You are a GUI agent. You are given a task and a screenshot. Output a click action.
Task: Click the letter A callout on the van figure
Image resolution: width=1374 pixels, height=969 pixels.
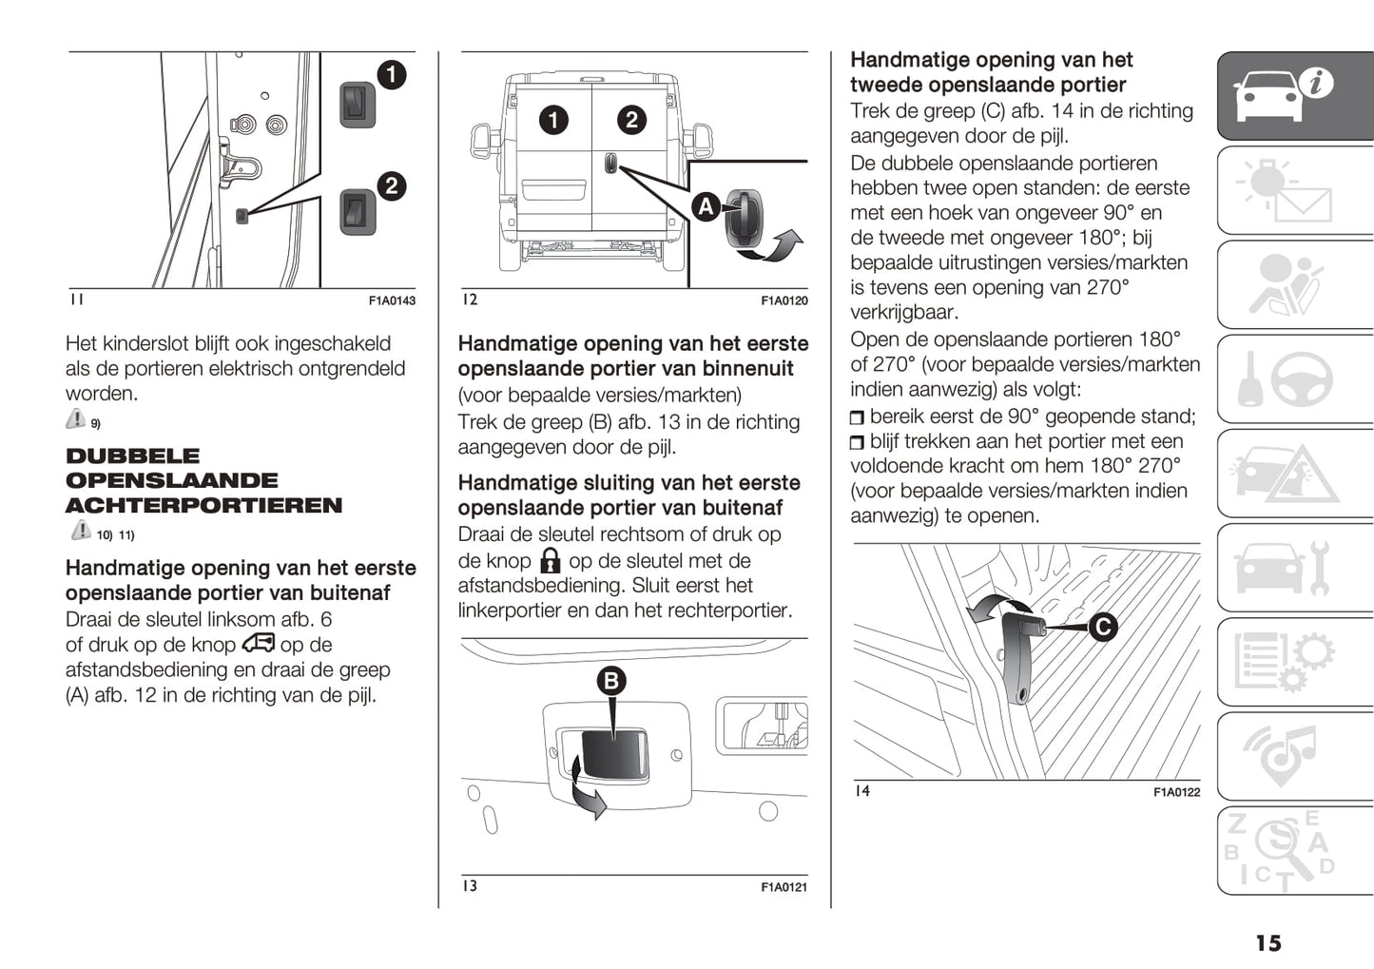click(706, 206)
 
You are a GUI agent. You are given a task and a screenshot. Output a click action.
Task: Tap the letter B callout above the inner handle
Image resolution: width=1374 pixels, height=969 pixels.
click(611, 681)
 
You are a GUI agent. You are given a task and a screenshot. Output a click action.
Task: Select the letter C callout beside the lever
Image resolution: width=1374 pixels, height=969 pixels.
click(1102, 627)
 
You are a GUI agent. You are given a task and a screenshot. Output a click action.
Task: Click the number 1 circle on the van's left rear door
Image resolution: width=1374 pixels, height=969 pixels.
click(553, 120)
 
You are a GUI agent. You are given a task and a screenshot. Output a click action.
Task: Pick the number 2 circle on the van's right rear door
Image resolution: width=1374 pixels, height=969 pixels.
click(631, 120)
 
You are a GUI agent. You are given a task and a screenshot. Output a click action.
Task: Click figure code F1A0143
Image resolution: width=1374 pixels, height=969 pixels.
click(392, 300)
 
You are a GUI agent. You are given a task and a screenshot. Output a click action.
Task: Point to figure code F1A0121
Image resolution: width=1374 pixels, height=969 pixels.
click(784, 887)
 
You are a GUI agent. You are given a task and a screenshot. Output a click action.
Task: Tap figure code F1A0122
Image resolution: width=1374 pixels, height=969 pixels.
click(1176, 792)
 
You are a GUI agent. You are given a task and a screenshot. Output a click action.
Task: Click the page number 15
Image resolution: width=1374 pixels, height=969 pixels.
click(1268, 942)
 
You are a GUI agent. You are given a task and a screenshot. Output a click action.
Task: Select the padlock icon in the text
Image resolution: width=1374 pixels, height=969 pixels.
click(550, 560)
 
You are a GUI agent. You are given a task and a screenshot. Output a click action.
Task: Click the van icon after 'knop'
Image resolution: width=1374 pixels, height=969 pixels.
click(258, 644)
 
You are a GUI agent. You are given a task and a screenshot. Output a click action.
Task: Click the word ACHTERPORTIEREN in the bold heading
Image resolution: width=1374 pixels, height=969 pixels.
click(203, 506)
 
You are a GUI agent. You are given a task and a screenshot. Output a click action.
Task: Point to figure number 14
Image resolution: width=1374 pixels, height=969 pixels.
click(861, 791)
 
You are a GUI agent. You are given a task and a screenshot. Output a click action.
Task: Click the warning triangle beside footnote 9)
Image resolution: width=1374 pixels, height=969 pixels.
click(76, 419)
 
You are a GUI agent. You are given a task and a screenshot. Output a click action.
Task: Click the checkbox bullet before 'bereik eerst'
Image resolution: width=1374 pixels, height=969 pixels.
click(858, 417)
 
